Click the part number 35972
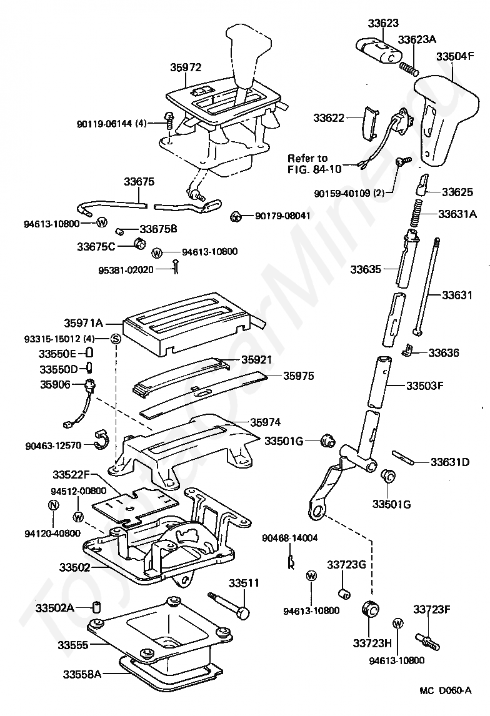(186, 66)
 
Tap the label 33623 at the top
(382, 23)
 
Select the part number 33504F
(455, 56)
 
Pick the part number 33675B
(158, 229)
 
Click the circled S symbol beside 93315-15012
(115, 339)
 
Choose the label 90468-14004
(290, 537)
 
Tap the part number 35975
(298, 376)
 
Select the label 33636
(444, 353)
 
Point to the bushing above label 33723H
(371, 609)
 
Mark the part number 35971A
(82, 324)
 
